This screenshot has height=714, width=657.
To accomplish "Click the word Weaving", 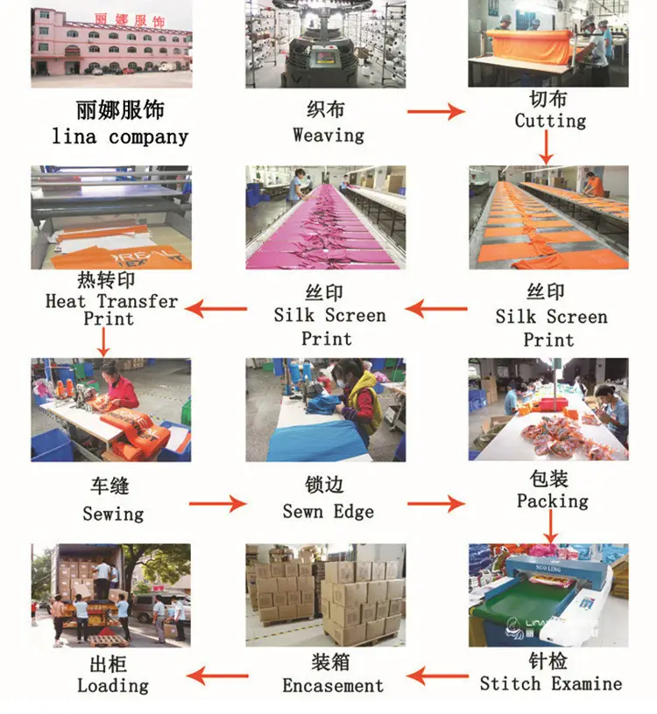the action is pos(328,136).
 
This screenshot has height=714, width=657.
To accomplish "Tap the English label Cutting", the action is pos(550,121).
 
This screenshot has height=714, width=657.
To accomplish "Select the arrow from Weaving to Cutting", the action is pos(436,112).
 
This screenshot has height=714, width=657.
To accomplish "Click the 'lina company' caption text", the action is pos(120,136).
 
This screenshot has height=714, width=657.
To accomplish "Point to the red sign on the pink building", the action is pos(130,20).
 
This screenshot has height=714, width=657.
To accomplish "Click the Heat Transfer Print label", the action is pos(111,310).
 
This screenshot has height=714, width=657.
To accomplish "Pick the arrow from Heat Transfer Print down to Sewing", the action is pos(103,342).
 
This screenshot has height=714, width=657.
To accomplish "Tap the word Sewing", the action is pos(113,514).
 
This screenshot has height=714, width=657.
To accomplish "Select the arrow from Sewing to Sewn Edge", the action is pos(218,504).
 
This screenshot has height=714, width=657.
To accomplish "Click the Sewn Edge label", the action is pos(328,512).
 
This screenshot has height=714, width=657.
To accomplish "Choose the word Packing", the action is pos(552,501).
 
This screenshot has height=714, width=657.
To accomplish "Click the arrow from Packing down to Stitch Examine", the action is pos(551,527).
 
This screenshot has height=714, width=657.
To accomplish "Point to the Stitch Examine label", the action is pos(551,684).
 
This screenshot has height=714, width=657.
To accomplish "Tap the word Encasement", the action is pos(333,686).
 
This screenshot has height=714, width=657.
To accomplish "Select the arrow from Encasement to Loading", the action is pos(217,675).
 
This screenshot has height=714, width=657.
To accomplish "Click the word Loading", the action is pos(113,686).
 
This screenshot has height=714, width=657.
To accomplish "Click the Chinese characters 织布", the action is pos(326,109).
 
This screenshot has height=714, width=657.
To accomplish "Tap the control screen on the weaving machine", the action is pos(325,57).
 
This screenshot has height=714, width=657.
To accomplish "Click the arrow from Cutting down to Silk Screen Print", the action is pos(546,148).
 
